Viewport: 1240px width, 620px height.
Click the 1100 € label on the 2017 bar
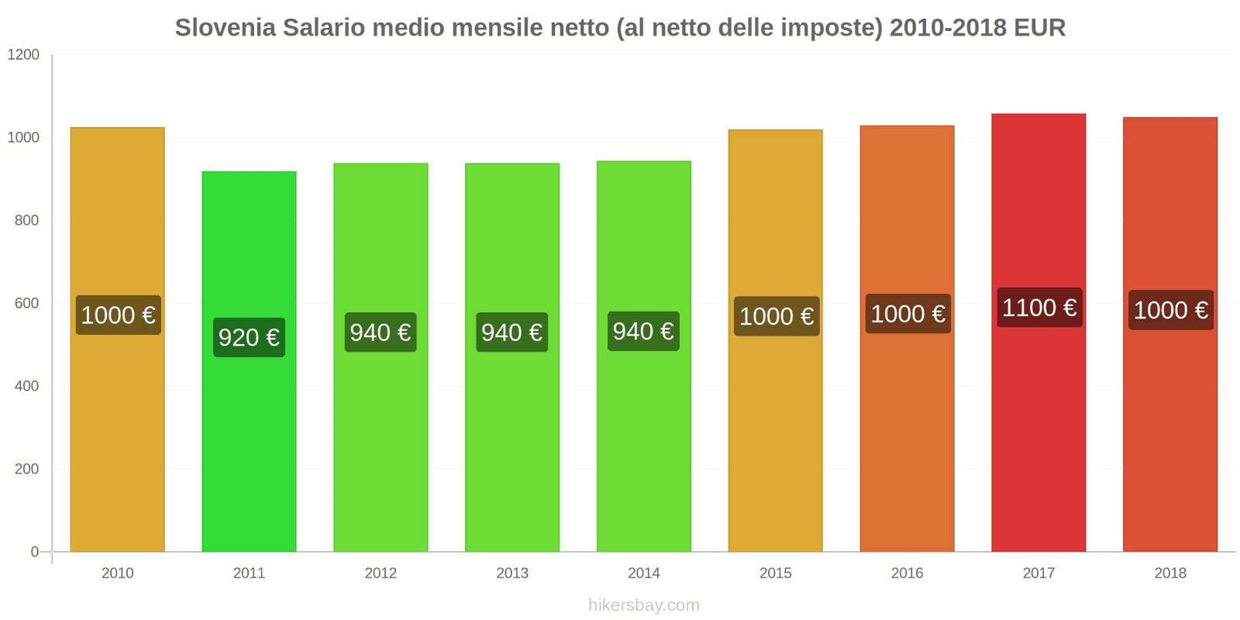(x=1038, y=308)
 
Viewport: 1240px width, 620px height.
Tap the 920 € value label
(x=249, y=337)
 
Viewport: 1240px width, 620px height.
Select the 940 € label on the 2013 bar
(x=511, y=332)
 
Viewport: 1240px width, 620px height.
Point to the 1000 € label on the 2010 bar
(x=118, y=315)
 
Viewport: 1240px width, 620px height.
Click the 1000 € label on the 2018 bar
(x=1170, y=310)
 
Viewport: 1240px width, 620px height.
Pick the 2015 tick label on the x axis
(x=775, y=573)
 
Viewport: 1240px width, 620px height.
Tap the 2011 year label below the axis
(x=249, y=573)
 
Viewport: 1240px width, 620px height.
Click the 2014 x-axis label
(x=643, y=573)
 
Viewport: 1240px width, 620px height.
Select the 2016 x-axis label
(x=907, y=573)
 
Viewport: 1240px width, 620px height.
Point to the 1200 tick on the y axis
(x=23, y=54)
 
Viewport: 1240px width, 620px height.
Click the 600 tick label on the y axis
(x=26, y=303)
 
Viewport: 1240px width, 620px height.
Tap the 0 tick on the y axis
(x=34, y=552)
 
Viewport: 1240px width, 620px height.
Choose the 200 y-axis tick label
(x=26, y=469)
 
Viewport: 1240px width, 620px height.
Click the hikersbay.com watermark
(x=643, y=604)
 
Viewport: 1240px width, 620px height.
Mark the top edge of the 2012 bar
(x=381, y=164)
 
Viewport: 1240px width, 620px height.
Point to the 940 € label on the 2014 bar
(x=643, y=331)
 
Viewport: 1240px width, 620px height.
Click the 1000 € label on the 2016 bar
(x=908, y=314)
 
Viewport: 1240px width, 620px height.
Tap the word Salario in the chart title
(x=325, y=27)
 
